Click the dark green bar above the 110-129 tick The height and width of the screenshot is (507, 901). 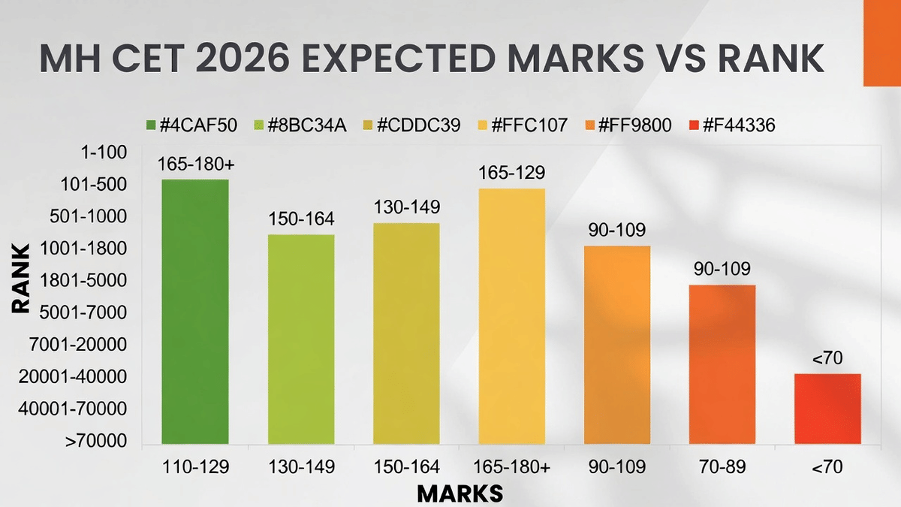(195, 311)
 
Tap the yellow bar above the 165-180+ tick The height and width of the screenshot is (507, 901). (511, 315)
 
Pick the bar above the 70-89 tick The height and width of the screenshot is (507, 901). (722, 364)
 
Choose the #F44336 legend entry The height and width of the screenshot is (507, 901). (732, 125)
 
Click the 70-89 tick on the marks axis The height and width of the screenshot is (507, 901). (722, 466)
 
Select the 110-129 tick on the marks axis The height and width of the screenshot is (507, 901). (195, 466)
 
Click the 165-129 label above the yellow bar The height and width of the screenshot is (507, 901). (511, 174)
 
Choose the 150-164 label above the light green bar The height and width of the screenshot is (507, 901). (301, 220)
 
